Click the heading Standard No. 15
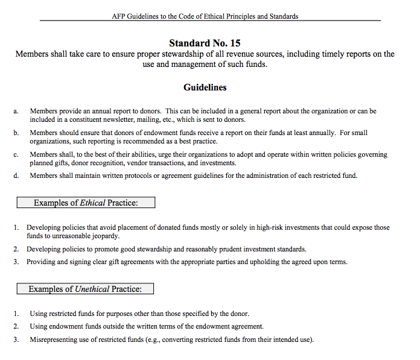tap(205, 43)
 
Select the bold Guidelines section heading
tap(205, 87)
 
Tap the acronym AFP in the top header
tap(118, 16)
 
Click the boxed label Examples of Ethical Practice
tap(86, 203)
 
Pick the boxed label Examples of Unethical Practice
tap(85, 289)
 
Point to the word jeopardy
tap(104, 236)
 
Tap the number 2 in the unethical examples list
tap(16, 326)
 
